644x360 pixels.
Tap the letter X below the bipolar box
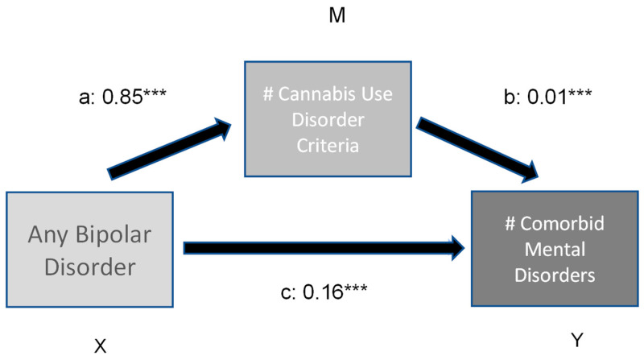101,346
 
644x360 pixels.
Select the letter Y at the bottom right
576,341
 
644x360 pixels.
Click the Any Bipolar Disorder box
90,249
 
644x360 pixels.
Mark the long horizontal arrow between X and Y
322,249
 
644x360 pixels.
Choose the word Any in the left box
46,235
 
